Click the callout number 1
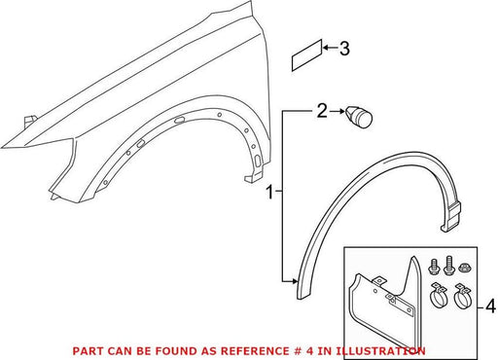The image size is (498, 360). [269, 192]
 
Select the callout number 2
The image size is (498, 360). [322, 111]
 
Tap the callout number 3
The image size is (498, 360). [344, 49]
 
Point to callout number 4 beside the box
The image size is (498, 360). [491, 306]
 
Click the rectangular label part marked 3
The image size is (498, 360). [307, 55]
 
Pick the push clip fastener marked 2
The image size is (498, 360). [358, 117]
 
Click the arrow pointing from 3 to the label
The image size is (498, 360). [331, 48]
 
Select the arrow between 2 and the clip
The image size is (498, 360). [338, 111]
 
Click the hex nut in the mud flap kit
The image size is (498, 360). [465, 268]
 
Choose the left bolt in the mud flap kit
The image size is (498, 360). [434, 267]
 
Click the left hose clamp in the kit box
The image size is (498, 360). [438, 296]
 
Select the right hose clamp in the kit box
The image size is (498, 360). [463, 296]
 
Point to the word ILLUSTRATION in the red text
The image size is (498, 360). [380, 351]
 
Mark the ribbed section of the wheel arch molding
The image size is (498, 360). [453, 213]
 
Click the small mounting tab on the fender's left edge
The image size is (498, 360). [30, 120]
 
